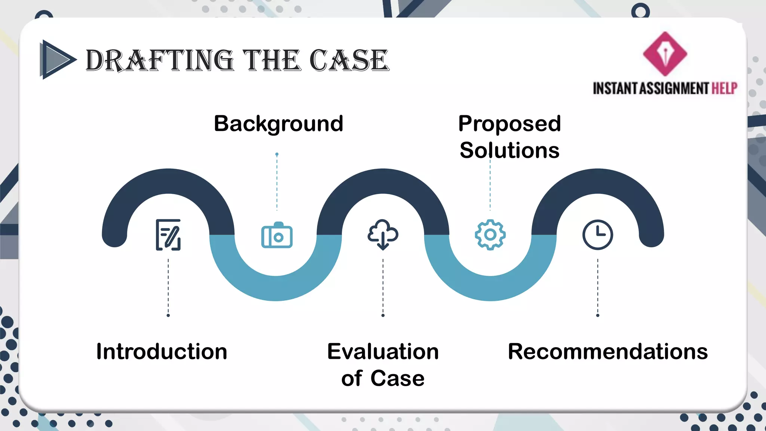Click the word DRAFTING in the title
click(x=160, y=61)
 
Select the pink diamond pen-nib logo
click(x=665, y=54)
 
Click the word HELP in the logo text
click(x=724, y=89)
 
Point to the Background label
click(x=278, y=124)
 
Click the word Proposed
click(x=509, y=124)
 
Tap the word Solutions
click(x=509, y=150)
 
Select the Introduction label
click(x=162, y=352)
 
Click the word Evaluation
click(x=383, y=352)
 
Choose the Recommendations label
click(x=607, y=352)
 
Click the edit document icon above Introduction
click(x=168, y=235)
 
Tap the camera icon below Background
click(x=277, y=235)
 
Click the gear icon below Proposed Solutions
click(x=490, y=235)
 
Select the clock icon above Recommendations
click(x=597, y=235)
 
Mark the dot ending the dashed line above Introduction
click(x=168, y=315)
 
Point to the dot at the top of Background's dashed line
click(x=277, y=154)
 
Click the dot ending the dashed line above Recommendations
click(x=597, y=315)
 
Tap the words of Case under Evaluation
click(x=383, y=378)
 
